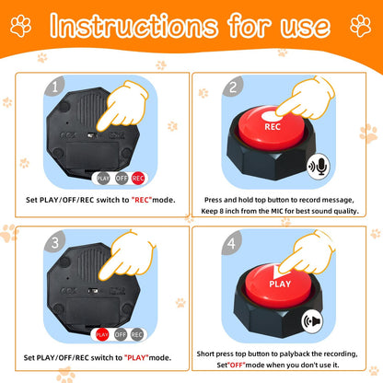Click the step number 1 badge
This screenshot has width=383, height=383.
click(x=54, y=87)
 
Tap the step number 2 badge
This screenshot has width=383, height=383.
click(x=233, y=87)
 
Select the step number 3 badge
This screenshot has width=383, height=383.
click(x=54, y=242)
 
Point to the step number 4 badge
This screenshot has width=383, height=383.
click(x=231, y=243)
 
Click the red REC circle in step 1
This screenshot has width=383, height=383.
click(x=138, y=179)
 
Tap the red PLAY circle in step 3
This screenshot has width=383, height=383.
click(x=102, y=334)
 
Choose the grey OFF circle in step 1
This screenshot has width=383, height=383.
click(x=122, y=179)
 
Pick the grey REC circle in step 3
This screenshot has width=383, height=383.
click(x=136, y=334)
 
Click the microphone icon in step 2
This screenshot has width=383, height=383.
click(x=319, y=167)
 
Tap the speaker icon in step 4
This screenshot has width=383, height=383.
click(x=312, y=321)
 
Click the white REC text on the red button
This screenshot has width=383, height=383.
click(x=273, y=127)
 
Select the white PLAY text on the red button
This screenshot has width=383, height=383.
click(x=280, y=284)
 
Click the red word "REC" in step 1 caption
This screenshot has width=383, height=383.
click(x=142, y=200)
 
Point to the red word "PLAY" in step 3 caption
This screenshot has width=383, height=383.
click(x=136, y=357)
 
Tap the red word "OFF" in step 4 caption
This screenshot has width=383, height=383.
click(x=237, y=365)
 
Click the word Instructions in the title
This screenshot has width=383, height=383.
click(x=133, y=26)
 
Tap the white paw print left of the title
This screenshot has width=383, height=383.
click(x=21, y=26)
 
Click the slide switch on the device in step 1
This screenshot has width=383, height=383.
click(x=92, y=135)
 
